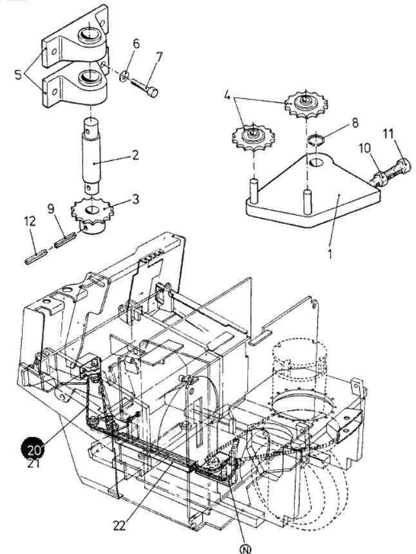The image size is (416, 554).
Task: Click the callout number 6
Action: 136,44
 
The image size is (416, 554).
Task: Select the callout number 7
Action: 159,57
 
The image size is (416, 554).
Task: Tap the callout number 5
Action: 19,75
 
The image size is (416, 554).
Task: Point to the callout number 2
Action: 135,155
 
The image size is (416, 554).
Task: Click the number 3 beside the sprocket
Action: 135,199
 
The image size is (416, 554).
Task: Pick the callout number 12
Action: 30,221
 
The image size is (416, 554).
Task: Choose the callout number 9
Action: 52,209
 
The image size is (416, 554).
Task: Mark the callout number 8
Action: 354,123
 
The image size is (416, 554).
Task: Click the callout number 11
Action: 388,134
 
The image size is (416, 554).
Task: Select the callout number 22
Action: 120,526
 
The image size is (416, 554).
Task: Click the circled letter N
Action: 245,549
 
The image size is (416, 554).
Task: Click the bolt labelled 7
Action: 145,88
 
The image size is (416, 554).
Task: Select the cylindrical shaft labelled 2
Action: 91,155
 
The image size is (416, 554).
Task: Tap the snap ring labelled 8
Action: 316,140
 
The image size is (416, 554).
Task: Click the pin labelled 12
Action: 36,256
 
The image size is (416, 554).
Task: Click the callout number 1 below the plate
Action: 330,253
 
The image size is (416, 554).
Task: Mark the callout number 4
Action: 227,95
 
